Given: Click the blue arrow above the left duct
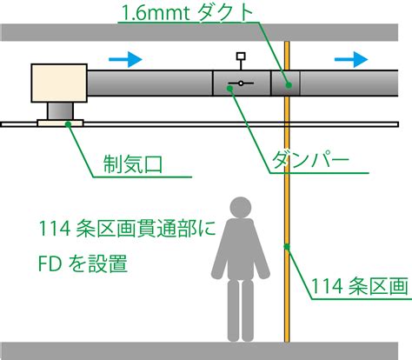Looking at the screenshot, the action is click(125, 59).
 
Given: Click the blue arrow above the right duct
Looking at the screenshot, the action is click(351, 59).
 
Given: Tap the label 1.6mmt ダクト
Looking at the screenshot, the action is click(187, 13).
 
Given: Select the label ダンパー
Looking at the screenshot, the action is click(310, 160).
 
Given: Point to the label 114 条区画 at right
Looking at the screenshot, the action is click(360, 286).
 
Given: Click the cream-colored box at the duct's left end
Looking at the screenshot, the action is click(59, 83).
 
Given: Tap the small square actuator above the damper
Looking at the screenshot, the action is click(241, 56).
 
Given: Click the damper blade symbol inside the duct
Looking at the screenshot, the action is click(241, 83).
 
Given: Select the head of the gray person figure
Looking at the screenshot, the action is click(240, 207).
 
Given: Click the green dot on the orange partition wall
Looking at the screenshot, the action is click(287, 247).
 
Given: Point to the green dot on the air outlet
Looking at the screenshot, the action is click(68, 124).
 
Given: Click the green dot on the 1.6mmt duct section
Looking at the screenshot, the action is click(289, 85).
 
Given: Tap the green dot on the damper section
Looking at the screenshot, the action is click(230, 89).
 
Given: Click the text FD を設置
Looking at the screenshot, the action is click(83, 263).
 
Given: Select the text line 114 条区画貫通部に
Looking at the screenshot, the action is click(127, 229).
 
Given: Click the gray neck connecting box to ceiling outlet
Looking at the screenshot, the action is click(60, 111).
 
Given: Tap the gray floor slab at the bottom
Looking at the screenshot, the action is click(199, 351).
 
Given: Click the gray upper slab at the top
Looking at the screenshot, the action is click(199, 32).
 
